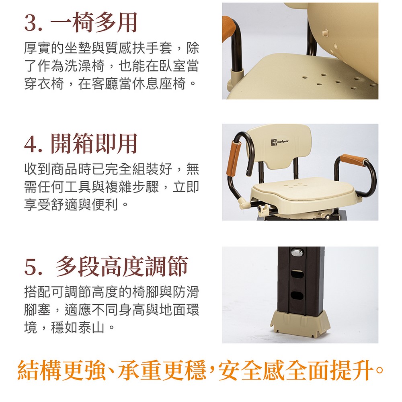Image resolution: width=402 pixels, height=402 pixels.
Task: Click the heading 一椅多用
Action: point(94,23)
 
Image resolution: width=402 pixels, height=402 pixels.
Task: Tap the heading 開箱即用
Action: point(94,144)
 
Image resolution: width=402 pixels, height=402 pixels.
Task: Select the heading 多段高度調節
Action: point(122,266)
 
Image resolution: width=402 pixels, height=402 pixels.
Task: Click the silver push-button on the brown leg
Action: point(297,252)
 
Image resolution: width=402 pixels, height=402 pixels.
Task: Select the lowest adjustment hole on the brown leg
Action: point(297,295)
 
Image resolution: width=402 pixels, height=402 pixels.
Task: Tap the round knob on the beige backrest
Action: point(325,33)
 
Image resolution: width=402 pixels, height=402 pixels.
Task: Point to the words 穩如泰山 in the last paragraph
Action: point(78,327)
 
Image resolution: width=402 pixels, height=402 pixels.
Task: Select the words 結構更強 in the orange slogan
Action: point(62,370)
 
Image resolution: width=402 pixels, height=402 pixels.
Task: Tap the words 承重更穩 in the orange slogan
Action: point(162,370)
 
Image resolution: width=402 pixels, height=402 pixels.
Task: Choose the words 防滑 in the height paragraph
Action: point(186,292)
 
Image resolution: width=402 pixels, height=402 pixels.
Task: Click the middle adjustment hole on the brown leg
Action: point(297,274)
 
